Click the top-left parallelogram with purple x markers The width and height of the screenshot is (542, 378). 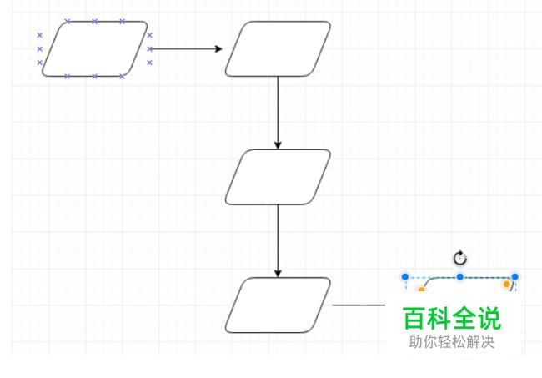[x=95, y=48]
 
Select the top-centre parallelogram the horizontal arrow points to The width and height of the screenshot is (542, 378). [x=278, y=48]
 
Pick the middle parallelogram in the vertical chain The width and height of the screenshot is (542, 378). [x=278, y=177]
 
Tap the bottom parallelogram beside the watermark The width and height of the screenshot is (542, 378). [x=278, y=305]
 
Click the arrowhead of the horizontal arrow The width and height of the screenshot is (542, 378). [x=218, y=48]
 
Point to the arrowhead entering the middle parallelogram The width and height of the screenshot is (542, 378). [x=278, y=145]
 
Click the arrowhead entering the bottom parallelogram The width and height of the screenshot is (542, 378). [x=278, y=273]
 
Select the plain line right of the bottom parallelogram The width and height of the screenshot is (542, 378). [x=359, y=305]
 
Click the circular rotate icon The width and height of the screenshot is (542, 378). [x=459, y=258]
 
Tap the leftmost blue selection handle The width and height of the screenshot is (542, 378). [x=405, y=277]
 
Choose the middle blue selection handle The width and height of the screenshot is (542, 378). [x=459, y=277]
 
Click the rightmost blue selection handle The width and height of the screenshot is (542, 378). [x=514, y=277]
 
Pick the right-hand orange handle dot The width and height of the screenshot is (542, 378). [x=507, y=284]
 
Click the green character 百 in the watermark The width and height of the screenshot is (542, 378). [x=414, y=318]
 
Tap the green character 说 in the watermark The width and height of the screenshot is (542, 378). [x=489, y=318]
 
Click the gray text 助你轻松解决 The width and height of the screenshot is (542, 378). [x=451, y=342]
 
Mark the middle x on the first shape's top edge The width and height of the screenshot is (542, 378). [x=95, y=22]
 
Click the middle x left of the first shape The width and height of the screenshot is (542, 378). [x=40, y=48]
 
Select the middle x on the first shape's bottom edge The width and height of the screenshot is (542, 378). [x=95, y=76]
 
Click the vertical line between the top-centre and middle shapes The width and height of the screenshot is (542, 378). [x=278, y=109]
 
